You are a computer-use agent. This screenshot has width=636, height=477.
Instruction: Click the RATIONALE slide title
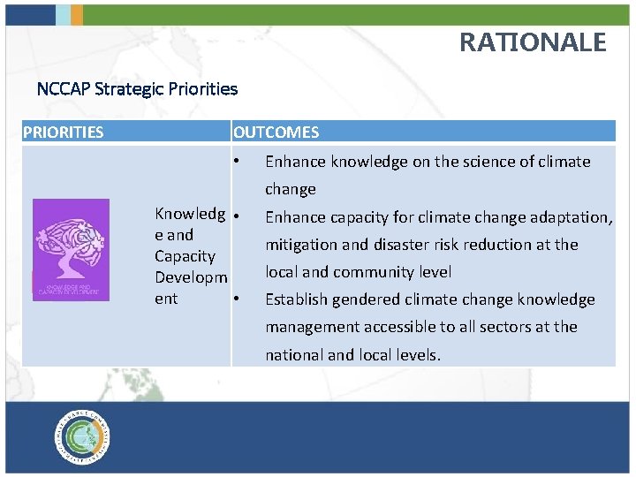click(x=533, y=42)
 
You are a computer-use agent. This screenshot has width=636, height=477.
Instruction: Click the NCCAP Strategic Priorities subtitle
click(x=137, y=89)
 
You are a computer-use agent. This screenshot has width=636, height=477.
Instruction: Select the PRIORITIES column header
click(x=63, y=132)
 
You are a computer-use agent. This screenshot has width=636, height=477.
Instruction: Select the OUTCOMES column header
click(x=276, y=132)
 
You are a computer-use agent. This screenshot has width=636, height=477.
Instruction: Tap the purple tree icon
click(x=71, y=250)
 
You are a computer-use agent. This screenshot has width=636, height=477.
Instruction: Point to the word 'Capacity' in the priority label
click(x=185, y=256)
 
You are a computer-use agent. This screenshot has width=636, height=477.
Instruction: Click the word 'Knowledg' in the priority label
click(x=188, y=214)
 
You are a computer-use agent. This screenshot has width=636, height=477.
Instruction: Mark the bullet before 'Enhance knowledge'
click(x=237, y=162)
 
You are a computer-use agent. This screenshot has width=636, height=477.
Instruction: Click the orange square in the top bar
click(x=77, y=14)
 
